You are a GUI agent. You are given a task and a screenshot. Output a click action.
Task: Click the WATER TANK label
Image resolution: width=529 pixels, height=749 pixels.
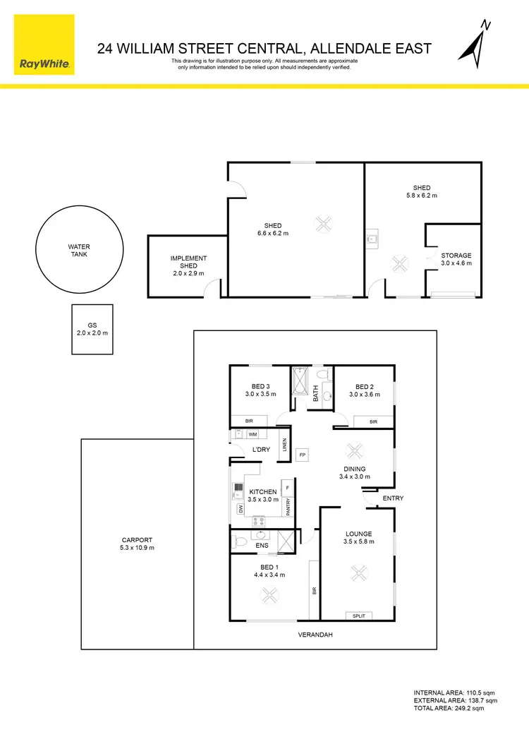click(79, 251)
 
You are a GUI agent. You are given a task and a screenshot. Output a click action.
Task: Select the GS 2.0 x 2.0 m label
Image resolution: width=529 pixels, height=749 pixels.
click(92, 328)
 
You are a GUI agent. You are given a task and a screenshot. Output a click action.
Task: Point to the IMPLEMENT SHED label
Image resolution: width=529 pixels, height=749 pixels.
click(188, 266)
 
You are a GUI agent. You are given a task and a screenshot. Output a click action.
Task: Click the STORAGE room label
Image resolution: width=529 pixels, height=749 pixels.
click(456, 259)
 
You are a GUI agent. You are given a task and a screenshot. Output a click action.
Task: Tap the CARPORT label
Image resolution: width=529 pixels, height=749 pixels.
click(138, 544)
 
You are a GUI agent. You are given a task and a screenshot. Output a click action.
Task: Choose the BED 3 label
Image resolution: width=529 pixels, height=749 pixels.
click(260, 390)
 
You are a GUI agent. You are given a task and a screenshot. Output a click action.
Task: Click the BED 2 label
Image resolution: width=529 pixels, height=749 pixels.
click(364, 390)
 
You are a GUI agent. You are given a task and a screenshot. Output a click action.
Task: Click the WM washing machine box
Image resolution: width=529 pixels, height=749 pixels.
click(252, 435)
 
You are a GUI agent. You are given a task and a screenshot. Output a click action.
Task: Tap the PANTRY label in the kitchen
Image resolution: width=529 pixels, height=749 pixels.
click(288, 507)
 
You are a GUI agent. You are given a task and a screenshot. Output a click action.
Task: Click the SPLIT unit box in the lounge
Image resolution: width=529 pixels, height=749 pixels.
click(359, 616)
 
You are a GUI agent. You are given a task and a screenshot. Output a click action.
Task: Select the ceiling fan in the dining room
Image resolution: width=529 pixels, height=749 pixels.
click(354, 450)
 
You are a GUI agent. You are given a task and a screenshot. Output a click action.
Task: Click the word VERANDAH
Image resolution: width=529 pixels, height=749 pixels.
click(315, 635)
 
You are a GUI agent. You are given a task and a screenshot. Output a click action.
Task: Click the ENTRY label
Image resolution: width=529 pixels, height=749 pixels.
click(393, 498)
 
